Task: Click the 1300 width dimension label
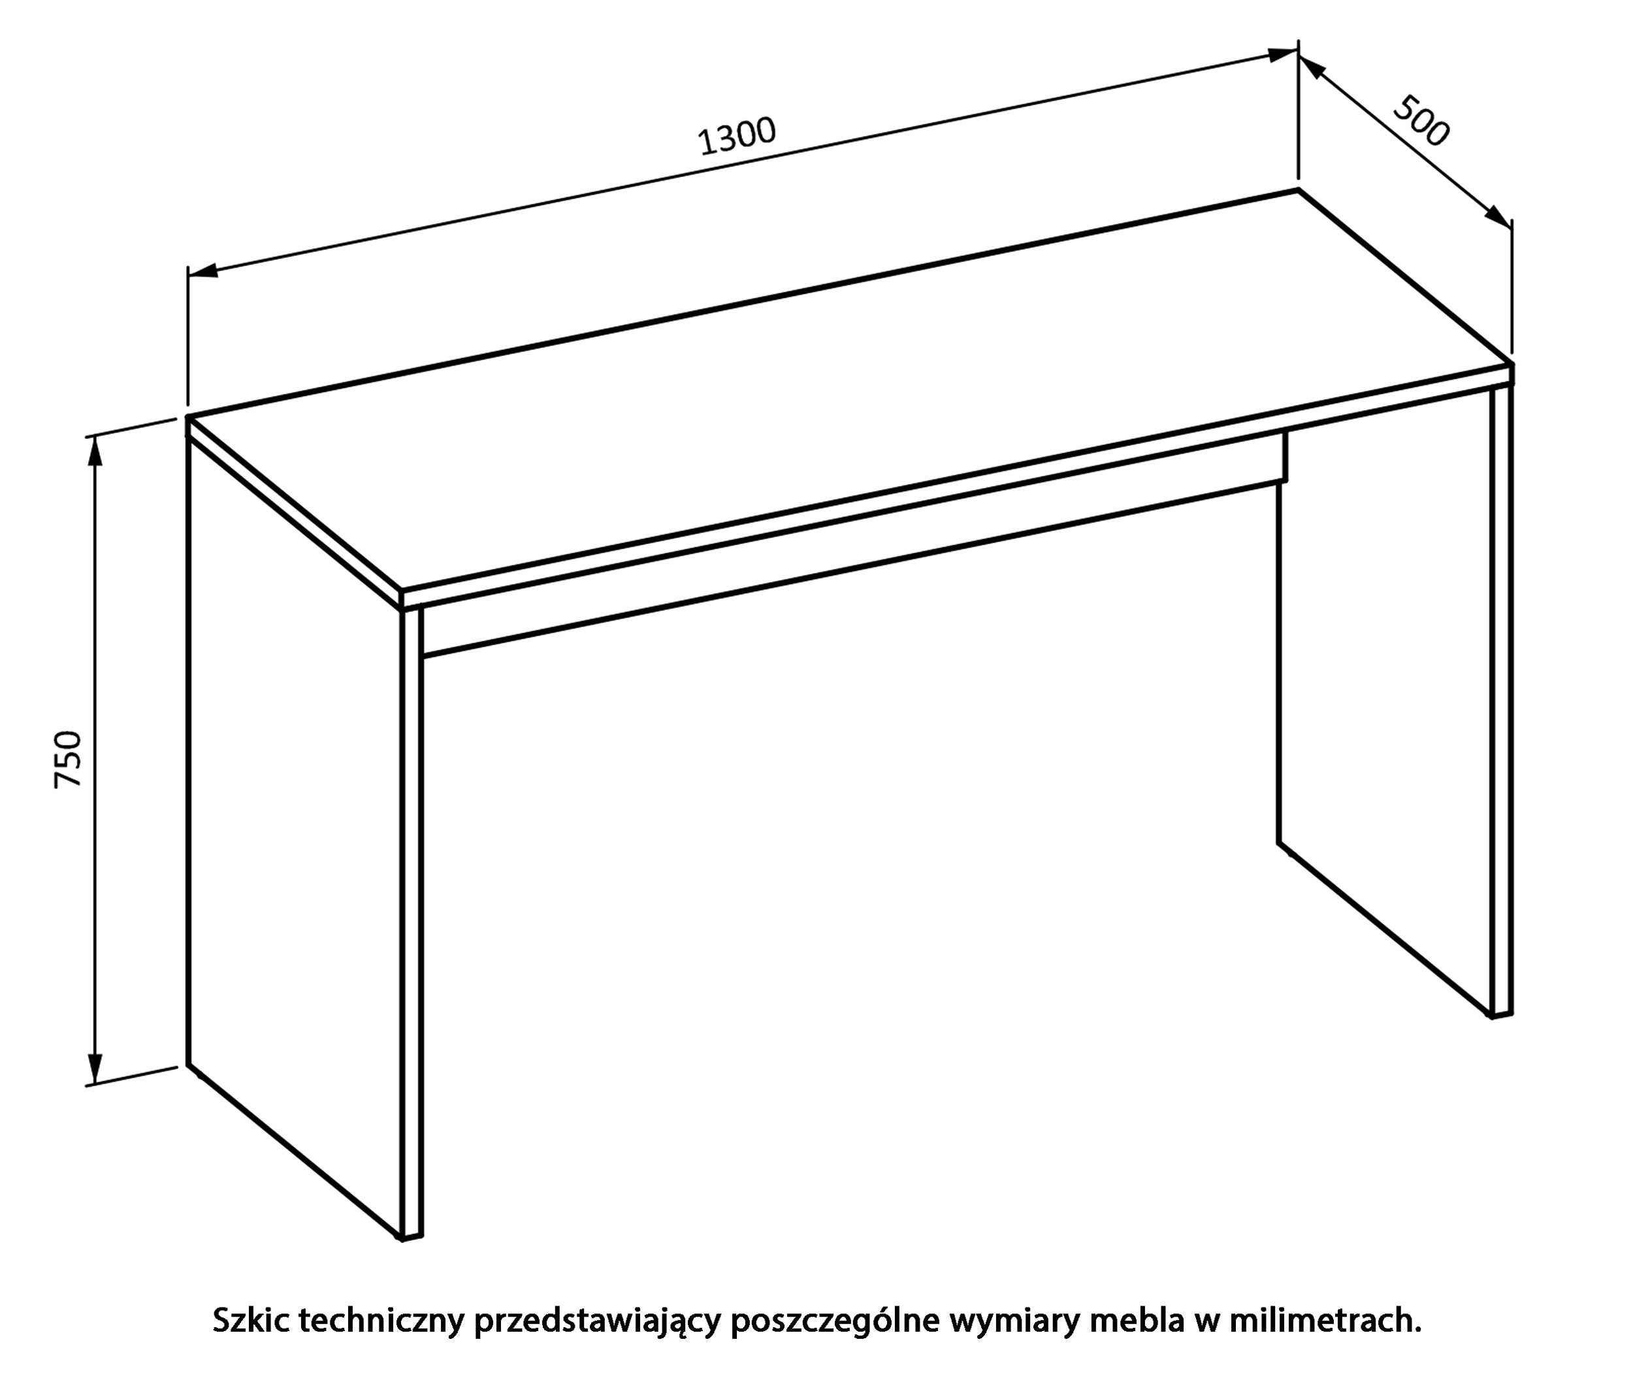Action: point(737,137)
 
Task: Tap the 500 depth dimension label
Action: point(1421,121)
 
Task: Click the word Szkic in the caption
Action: point(251,1320)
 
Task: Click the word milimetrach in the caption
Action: point(1325,1321)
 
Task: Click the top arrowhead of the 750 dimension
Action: point(94,450)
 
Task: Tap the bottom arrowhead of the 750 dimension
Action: point(94,1069)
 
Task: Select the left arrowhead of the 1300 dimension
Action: point(203,271)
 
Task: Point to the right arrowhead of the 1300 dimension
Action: point(1283,55)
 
